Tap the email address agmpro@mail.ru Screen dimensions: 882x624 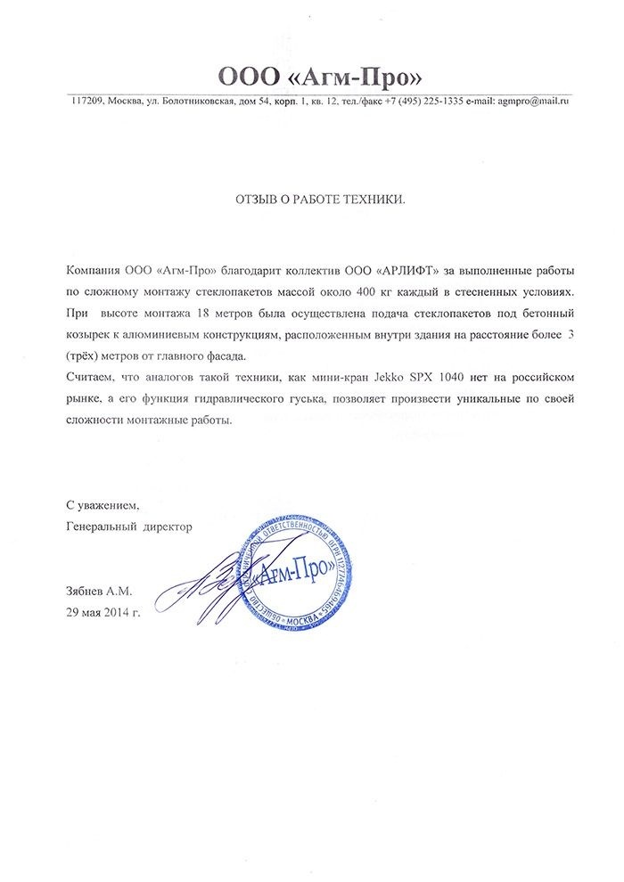click(533, 102)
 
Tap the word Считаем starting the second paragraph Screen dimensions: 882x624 click(89, 378)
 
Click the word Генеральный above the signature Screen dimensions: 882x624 click(102, 527)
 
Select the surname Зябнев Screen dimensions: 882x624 click(86, 591)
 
